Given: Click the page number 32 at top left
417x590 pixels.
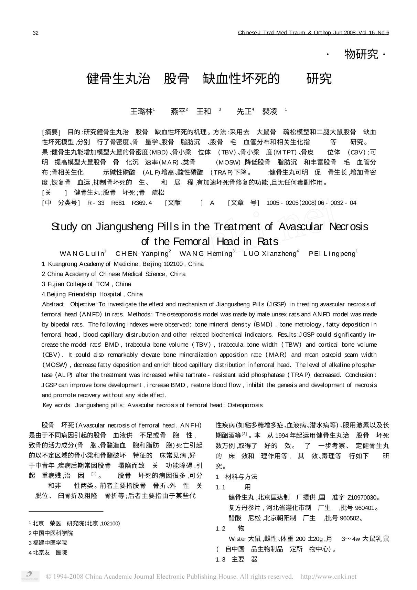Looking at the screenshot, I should pyautogui.click(x=35, y=33).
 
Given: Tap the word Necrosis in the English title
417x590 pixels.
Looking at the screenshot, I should pyautogui.click(x=349, y=227).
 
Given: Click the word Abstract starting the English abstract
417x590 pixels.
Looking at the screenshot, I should pyautogui.click(x=53, y=304).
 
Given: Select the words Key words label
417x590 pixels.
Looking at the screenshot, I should pyautogui.click(x=56, y=405).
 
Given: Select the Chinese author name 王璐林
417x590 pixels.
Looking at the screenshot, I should pyautogui.click(x=141, y=112).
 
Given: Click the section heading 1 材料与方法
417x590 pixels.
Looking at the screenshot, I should pyautogui.click(x=236, y=477).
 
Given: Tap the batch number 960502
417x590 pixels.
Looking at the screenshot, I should pyautogui.click(x=351, y=518).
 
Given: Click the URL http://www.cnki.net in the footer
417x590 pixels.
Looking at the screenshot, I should pyautogui.click(x=328, y=577).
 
